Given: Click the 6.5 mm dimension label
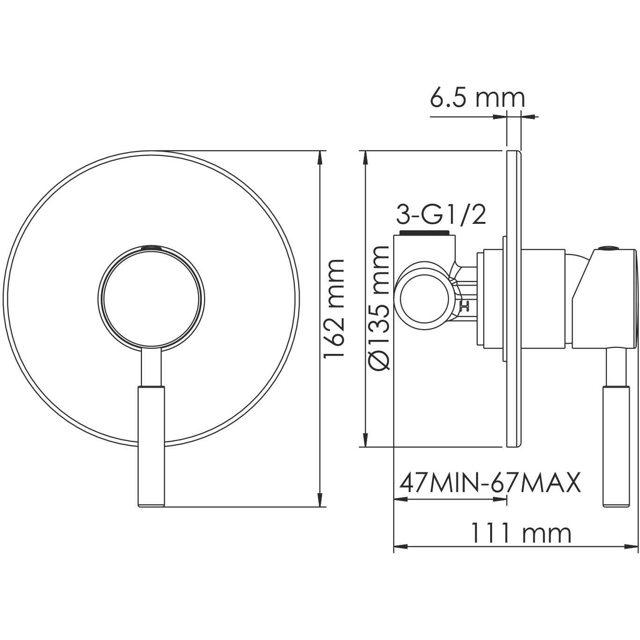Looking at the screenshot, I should pos(477,98).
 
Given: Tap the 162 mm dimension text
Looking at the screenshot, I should pos(335,308).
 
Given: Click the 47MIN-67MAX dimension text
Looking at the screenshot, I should pos(489,482).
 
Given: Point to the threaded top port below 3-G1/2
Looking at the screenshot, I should pos(425,233).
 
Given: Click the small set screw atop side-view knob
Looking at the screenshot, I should pos(609,246).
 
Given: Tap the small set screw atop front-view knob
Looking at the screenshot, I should pos(152,246).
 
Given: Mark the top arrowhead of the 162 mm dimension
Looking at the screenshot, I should pos(320,157).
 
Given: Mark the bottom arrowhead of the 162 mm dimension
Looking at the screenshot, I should pos(320,501).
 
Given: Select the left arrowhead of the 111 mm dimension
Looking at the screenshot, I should pos(399,546).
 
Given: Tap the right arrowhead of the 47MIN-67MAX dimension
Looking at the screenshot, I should pos(502,500).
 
